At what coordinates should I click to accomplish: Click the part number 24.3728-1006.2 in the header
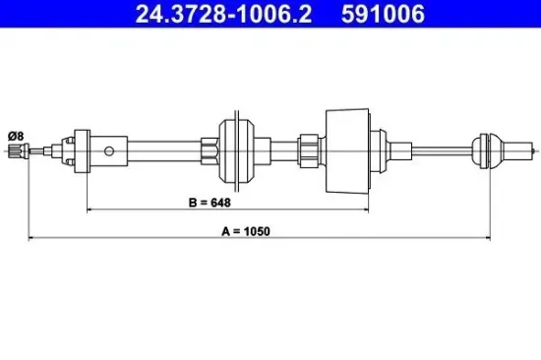tap(223, 14)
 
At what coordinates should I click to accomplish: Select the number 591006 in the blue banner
tap(383, 14)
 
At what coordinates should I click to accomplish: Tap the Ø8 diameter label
tap(16, 137)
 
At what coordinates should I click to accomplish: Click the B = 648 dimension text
tap(210, 203)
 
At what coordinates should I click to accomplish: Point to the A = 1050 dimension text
tap(246, 231)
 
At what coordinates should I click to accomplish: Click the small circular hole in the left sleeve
tap(109, 151)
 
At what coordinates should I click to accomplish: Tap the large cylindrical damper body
tap(348, 150)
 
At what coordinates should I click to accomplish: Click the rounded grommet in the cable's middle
tap(237, 150)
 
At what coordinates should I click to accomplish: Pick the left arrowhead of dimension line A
tap(31, 237)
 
